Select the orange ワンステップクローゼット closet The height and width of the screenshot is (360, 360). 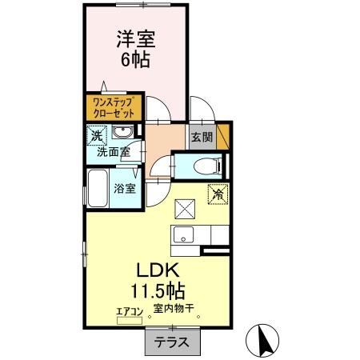(x=113, y=107)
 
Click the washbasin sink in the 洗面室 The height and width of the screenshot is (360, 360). (x=123, y=133)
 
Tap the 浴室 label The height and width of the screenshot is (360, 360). (x=124, y=189)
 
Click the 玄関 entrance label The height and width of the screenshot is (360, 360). (x=201, y=135)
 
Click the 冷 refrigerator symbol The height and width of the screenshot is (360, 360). (x=217, y=193)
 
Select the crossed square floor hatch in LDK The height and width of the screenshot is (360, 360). (x=185, y=207)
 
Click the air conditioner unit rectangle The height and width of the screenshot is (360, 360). (x=128, y=321)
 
